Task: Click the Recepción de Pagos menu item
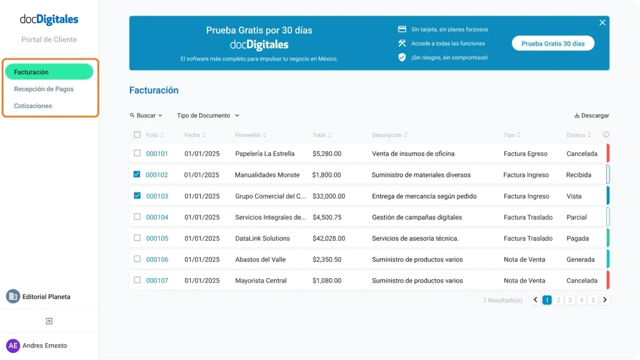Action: click(44, 89)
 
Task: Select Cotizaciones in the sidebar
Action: click(33, 106)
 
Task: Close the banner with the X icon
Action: click(602, 22)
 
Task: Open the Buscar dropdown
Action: click(146, 116)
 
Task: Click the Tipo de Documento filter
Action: click(208, 116)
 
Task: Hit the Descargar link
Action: click(591, 116)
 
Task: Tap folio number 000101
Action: click(157, 154)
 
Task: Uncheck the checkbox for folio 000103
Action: click(137, 196)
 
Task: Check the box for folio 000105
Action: click(137, 238)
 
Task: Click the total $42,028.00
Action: click(329, 238)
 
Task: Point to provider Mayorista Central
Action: click(261, 281)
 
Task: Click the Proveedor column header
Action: click(250, 135)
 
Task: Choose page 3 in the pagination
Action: click(570, 300)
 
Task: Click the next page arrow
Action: click(605, 300)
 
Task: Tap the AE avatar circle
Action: click(13, 346)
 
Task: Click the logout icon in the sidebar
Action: click(49, 321)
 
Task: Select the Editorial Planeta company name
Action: click(46, 297)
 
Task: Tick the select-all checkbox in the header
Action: click(137, 135)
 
